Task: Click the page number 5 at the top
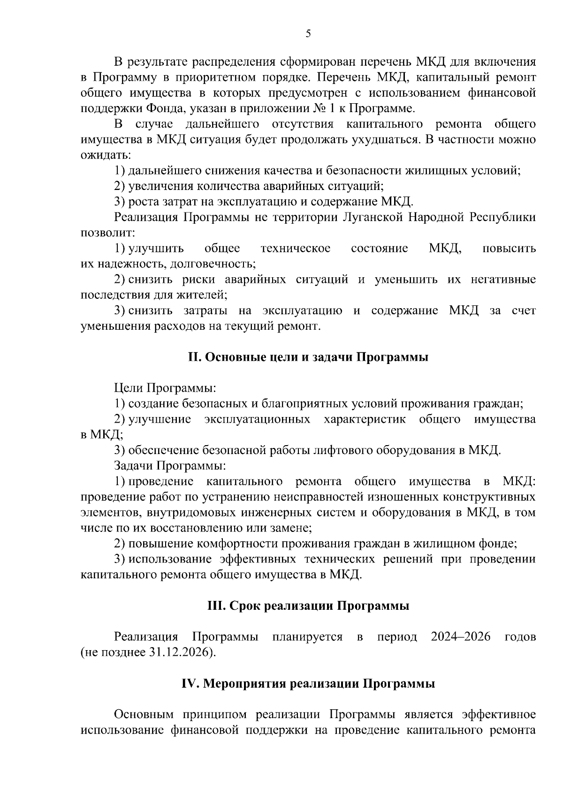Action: [x=308, y=33]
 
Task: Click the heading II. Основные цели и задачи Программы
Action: [x=308, y=357]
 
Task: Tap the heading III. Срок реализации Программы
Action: [x=308, y=606]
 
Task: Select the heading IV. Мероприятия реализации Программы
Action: [x=308, y=684]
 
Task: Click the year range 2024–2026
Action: [x=461, y=637]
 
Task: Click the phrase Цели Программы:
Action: [x=165, y=388]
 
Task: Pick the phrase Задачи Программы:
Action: [x=169, y=466]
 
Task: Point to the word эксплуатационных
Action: [x=257, y=419]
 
